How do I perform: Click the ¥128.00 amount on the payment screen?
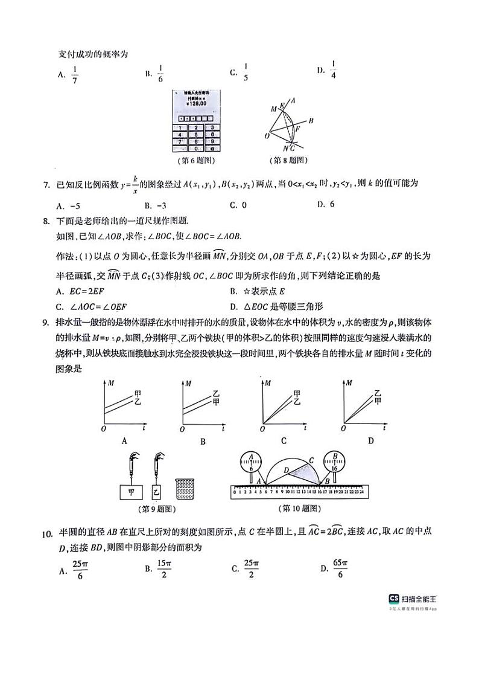pos(196,103)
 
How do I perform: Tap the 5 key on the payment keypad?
pos(197,135)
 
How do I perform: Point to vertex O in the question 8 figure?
pos(267,136)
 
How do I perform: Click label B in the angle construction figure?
pos(311,121)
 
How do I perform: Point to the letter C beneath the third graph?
pos(283,441)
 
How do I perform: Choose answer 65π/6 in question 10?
pos(335,568)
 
